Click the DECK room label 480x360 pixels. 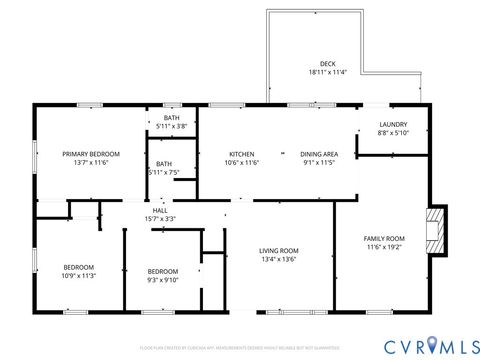click(327, 63)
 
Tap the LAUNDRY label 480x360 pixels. click(393, 123)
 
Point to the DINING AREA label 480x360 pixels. click(319, 153)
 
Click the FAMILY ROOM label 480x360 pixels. click(383, 237)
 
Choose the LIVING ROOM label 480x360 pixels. click(280, 250)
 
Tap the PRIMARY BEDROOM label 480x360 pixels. click(91, 153)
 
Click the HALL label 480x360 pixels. click(160, 210)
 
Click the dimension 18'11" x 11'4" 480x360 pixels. click(327, 72)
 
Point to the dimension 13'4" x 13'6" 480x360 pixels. click(280, 259)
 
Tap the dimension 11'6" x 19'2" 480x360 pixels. click(383, 246)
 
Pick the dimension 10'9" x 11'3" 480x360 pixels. click(79, 276)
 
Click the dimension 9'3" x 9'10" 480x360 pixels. click(163, 280)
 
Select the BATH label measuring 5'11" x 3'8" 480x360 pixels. click(172, 118)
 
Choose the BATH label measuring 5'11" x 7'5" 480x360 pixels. click(163, 163)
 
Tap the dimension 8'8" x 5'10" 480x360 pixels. click(393, 132)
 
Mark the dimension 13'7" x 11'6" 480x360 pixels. click(91, 162)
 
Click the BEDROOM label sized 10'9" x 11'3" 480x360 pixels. click(79, 267)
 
